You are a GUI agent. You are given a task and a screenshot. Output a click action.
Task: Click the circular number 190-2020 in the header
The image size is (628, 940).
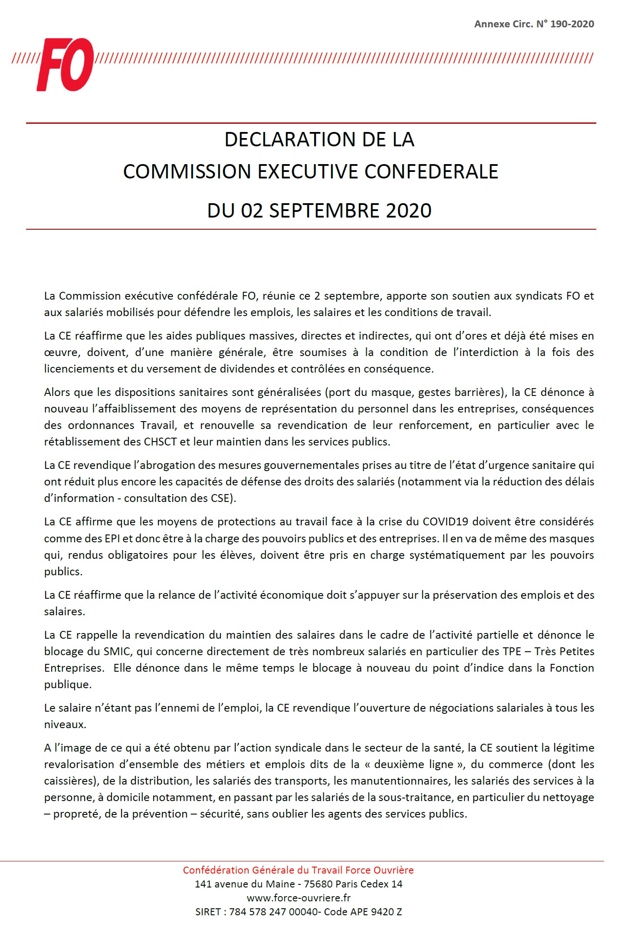(x=572, y=24)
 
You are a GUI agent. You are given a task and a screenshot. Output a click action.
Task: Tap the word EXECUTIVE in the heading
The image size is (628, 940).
(x=308, y=172)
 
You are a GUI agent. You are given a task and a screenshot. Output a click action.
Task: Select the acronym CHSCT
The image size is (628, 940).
(x=160, y=442)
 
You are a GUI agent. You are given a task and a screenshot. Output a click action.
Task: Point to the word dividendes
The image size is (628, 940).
(x=254, y=369)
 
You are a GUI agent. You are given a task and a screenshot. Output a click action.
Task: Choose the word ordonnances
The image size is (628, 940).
(x=101, y=425)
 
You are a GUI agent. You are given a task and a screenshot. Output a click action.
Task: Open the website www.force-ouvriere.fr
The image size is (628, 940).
(x=299, y=897)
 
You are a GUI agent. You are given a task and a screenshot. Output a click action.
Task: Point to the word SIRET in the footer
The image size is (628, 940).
(x=208, y=911)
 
